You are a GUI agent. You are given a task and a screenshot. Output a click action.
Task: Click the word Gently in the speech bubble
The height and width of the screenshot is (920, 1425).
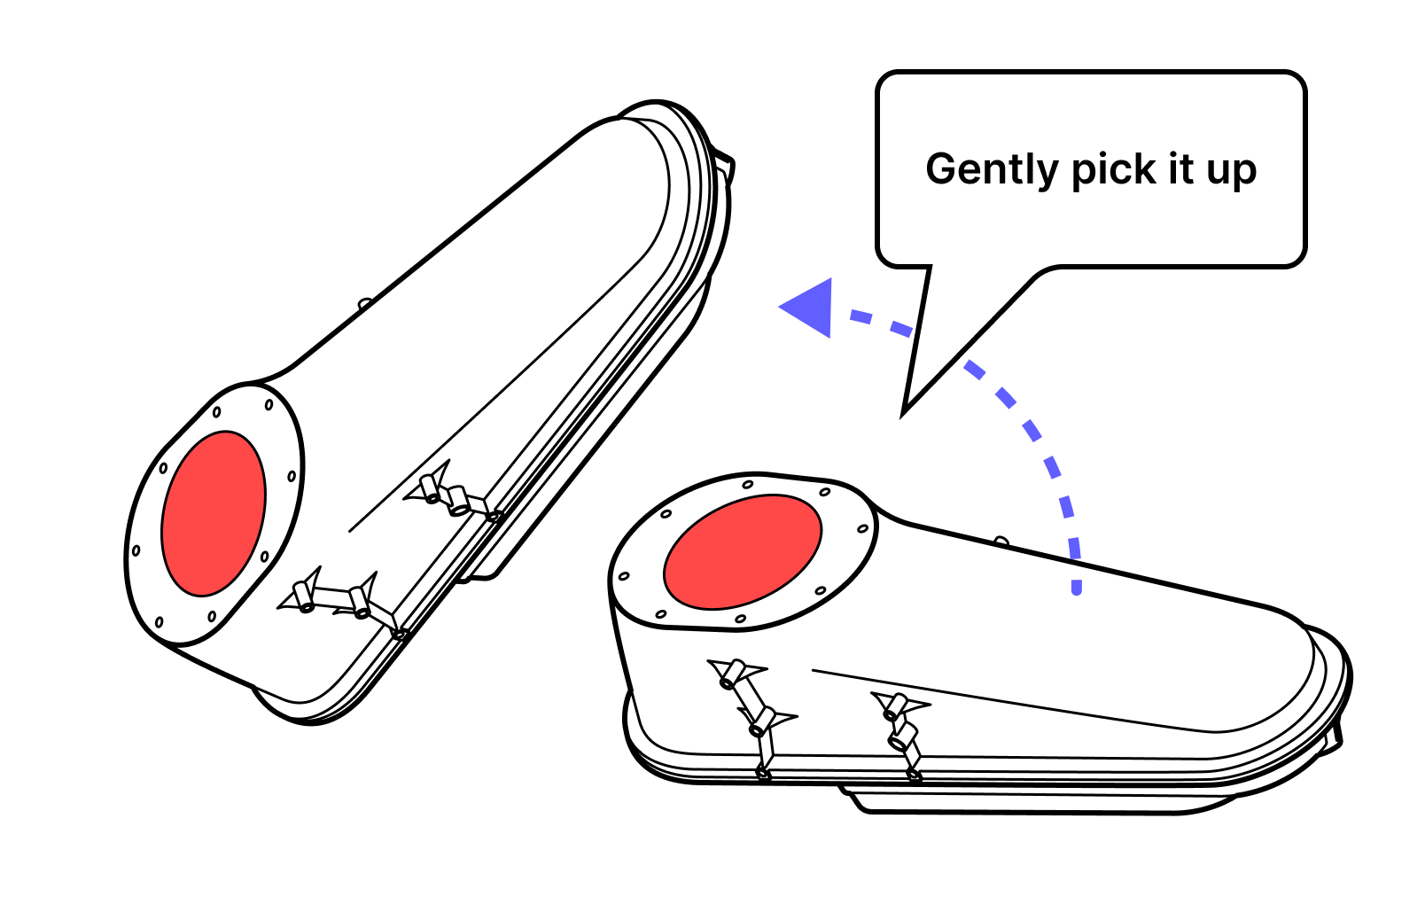[x=992, y=169]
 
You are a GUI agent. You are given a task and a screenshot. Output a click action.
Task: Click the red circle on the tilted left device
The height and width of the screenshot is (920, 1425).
[x=214, y=513]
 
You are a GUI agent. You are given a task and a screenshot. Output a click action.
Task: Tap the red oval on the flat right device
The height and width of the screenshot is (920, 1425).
[x=743, y=551]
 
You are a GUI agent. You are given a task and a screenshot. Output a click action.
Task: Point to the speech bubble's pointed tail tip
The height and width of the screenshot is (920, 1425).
[x=905, y=411]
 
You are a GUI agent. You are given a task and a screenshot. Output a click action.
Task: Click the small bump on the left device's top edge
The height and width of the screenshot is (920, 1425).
[x=364, y=303]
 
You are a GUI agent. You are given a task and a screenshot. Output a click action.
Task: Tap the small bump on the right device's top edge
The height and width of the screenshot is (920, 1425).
[x=1001, y=540]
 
